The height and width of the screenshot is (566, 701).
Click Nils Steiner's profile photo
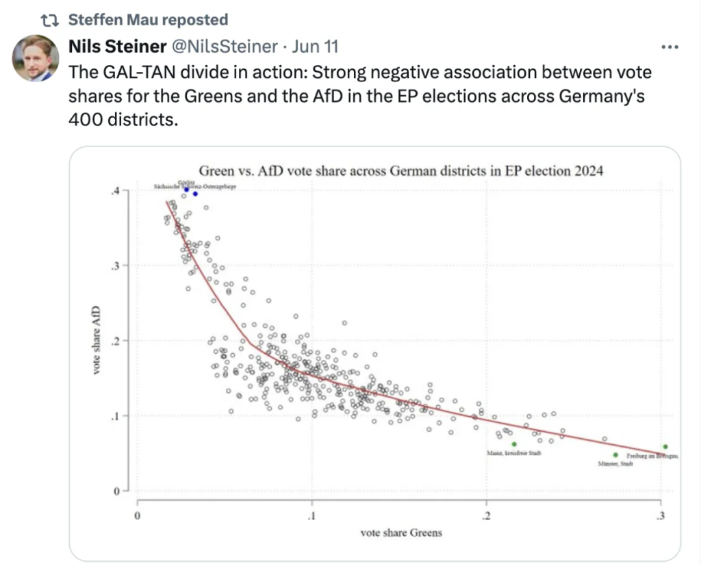(x=36, y=58)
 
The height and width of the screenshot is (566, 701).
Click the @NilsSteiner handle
(x=225, y=47)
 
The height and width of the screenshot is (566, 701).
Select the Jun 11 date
(x=314, y=47)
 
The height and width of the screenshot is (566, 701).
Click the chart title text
(x=400, y=171)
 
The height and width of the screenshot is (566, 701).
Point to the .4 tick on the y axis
(x=114, y=190)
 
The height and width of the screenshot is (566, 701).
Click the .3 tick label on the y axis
(x=114, y=266)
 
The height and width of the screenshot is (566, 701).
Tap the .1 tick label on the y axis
(x=114, y=416)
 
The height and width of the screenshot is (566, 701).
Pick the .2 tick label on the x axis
(x=486, y=515)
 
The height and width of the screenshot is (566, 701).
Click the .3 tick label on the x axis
(x=661, y=515)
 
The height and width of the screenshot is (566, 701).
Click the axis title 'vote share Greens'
(x=400, y=533)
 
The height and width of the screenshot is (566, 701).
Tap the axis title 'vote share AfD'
(x=97, y=340)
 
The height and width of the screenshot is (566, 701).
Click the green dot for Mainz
(x=514, y=444)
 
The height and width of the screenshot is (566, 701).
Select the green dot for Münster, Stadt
(x=615, y=455)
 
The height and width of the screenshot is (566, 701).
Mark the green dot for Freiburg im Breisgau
(x=665, y=447)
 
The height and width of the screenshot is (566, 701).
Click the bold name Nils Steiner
(x=117, y=47)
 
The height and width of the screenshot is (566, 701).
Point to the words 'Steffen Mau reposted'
(x=149, y=20)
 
